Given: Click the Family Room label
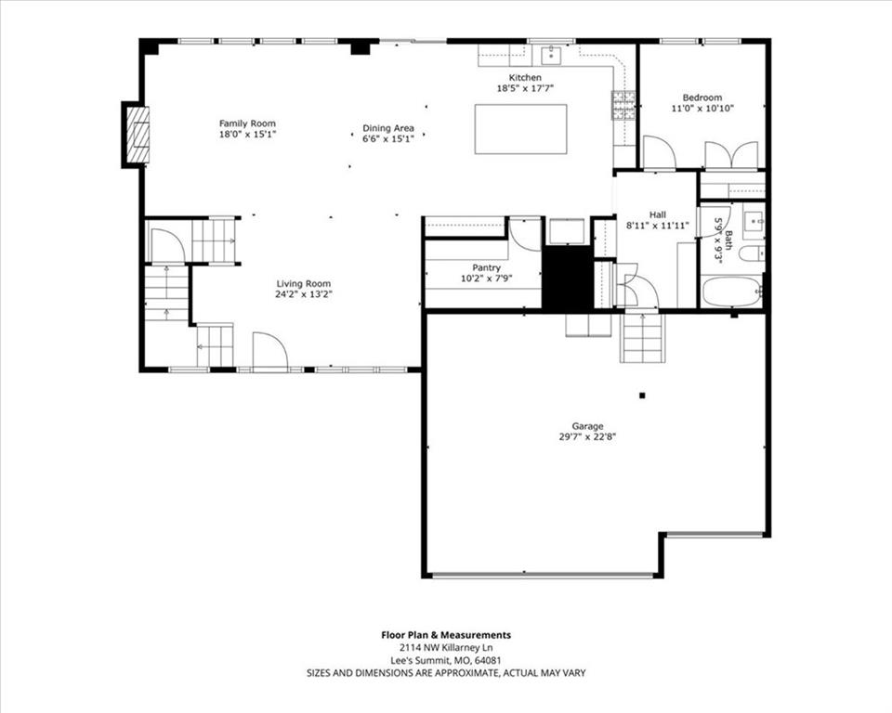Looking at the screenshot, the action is click(x=247, y=123).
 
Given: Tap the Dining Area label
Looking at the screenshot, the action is click(x=388, y=128).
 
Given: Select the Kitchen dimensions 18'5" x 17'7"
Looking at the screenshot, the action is click(x=525, y=87).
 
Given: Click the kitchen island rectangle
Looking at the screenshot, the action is click(x=521, y=129).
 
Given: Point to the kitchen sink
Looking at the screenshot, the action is click(x=551, y=55).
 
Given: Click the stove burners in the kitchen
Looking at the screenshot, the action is click(x=623, y=105).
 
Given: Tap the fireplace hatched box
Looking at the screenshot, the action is click(x=138, y=135).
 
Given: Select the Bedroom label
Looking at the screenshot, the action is click(x=702, y=97).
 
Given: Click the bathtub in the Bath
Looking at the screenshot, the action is click(x=732, y=292).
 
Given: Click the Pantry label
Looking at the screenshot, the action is click(x=486, y=267).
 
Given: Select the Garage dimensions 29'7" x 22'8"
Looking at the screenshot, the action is click(x=587, y=436).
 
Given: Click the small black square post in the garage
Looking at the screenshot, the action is click(x=642, y=395).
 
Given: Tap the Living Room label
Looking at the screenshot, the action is click(x=303, y=284).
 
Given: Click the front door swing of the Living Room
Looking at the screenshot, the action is click(x=270, y=351).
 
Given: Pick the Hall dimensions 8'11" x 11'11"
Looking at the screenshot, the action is click(x=658, y=226).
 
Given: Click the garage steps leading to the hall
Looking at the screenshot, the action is click(x=642, y=337).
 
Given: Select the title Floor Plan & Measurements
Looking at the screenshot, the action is click(x=446, y=635).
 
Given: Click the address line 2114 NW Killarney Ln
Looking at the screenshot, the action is click(x=446, y=648).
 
